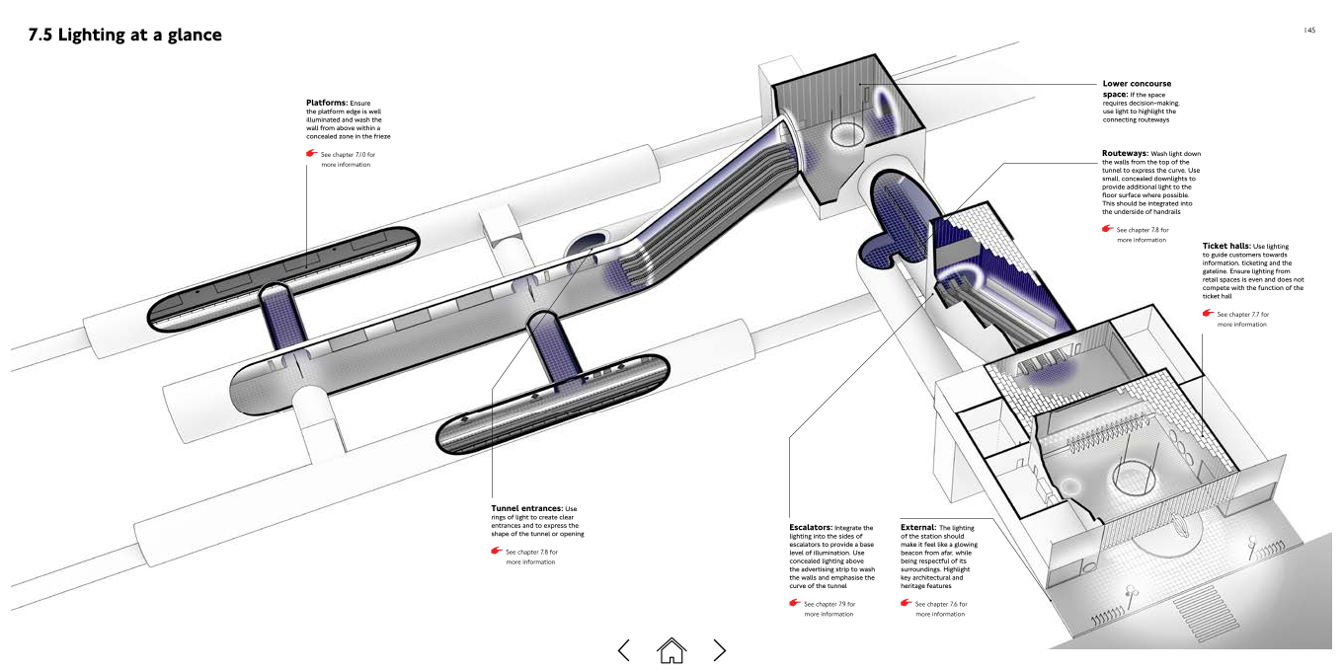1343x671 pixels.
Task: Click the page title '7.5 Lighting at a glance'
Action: [124, 36]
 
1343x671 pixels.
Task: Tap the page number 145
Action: [1309, 31]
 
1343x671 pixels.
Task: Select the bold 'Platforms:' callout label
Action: [327, 103]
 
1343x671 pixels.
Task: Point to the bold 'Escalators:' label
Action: [811, 528]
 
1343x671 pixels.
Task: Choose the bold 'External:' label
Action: [918, 528]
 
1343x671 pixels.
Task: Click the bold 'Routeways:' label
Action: [1125, 154]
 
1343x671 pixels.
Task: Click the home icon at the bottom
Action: [671, 649]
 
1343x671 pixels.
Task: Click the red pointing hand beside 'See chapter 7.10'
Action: [311, 154]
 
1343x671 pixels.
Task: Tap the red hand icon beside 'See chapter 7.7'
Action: [1208, 313]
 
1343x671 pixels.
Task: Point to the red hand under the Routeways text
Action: [1107, 229]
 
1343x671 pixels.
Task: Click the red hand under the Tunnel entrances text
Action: [497, 551]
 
